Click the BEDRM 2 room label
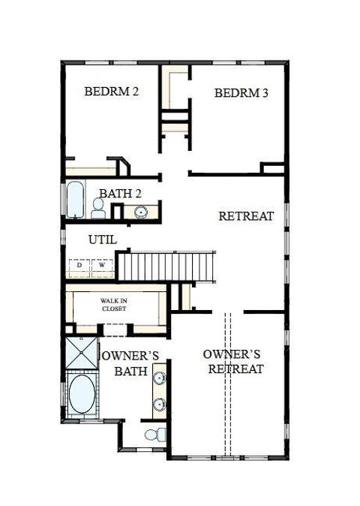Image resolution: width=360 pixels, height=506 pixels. point(111,92)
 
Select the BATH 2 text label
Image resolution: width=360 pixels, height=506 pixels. point(121,194)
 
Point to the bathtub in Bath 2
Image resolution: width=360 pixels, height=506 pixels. point(75,199)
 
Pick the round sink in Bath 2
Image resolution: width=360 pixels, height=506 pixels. point(141,212)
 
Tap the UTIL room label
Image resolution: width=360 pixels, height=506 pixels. point(102,240)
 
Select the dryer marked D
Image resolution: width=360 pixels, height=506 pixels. point(79,265)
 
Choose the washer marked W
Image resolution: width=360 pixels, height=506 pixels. point(100,265)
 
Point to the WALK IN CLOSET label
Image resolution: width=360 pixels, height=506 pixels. point(115,304)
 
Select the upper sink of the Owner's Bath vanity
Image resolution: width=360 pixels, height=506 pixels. point(159,378)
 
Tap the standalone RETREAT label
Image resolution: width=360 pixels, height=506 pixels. point(246,216)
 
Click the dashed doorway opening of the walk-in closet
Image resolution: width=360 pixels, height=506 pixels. point(112,329)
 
